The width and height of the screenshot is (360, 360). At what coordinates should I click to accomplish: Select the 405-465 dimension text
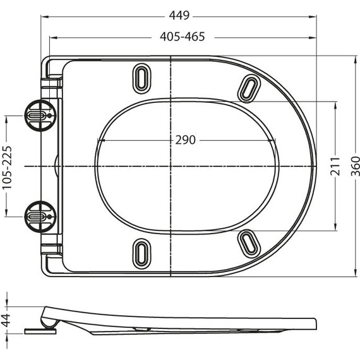pyautogui.click(x=182, y=37)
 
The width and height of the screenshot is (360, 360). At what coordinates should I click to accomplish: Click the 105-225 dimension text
pyautogui.click(x=8, y=165)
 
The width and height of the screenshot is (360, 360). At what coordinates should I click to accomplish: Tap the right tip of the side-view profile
pyautogui.click(x=314, y=324)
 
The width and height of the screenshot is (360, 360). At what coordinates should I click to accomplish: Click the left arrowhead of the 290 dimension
pyautogui.click(x=100, y=140)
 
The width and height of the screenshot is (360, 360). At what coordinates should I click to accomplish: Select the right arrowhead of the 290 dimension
pyautogui.click(x=275, y=140)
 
